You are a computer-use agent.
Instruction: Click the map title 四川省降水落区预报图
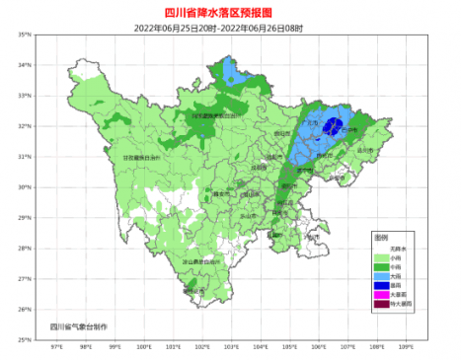click(x=230, y=12)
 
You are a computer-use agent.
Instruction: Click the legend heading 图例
click(x=381, y=238)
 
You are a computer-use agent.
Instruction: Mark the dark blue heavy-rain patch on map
click(x=333, y=126)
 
